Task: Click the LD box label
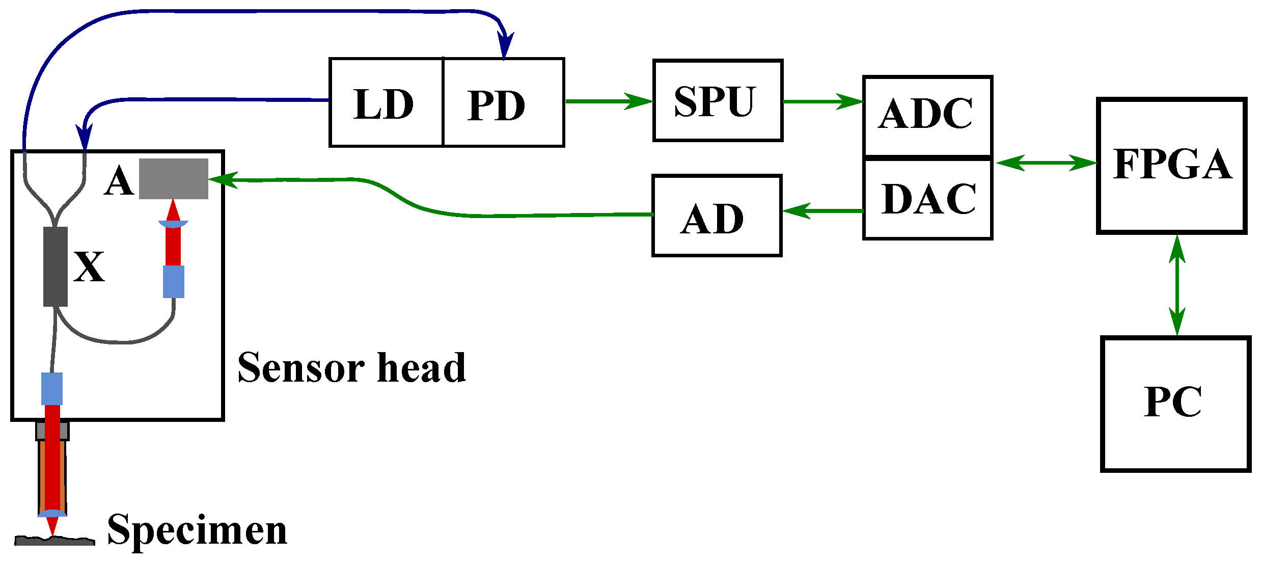[383, 104]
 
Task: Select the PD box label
[496, 105]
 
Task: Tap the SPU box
[717, 100]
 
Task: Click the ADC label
[925, 114]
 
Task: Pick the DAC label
[928, 199]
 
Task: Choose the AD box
[716, 216]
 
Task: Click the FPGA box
[1171, 165]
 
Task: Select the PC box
[1175, 404]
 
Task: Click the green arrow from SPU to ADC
[822, 101]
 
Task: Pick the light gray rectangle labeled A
[174, 179]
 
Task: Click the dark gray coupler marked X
[56, 266]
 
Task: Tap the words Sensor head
[351, 367]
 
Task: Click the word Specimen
[197, 530]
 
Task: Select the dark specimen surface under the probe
[54, 541]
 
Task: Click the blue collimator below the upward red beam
[173, 282]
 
